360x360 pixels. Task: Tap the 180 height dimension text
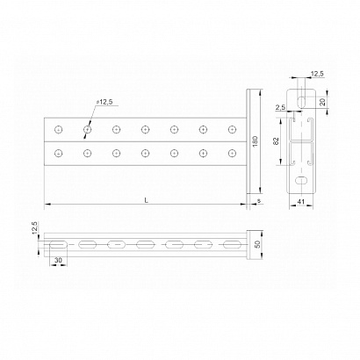click(x=255, y=141)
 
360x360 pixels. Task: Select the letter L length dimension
click(x=147, y=200)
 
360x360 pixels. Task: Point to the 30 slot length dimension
click(x=59, y=260)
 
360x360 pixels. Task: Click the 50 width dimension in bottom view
click(x=257, y=244)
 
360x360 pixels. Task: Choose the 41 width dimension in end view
click(x=301, y=202)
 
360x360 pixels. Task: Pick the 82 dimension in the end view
click(x=276, y=141)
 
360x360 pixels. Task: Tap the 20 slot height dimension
click(x=322, y=102)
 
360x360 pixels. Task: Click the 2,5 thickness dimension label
click(x=280, y=107)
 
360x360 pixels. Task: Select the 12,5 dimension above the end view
click(x=317, y=74)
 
